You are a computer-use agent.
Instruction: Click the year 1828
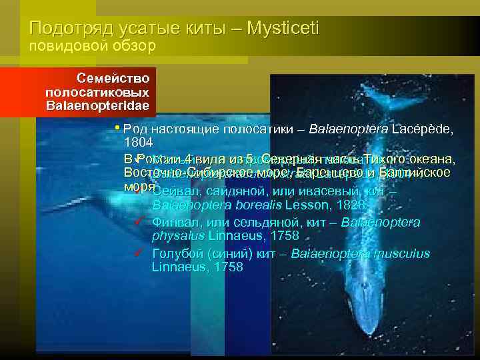[x=350, y=205]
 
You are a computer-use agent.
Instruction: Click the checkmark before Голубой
[x=138, y=253]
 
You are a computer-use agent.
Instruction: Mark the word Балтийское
[x=414, y=173]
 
